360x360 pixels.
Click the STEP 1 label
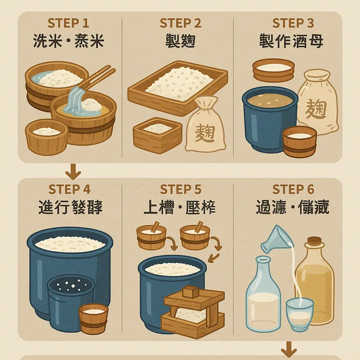pos(69,23)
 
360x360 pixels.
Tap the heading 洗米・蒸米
pos(69,41)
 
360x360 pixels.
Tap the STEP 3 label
pos(293,23)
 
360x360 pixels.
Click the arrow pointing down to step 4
pos(73,171)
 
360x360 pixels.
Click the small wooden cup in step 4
pos(93,318)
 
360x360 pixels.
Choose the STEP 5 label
pos(180,189)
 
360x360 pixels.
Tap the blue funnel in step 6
pos(275,238)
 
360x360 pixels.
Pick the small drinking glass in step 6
pos(299,314)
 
